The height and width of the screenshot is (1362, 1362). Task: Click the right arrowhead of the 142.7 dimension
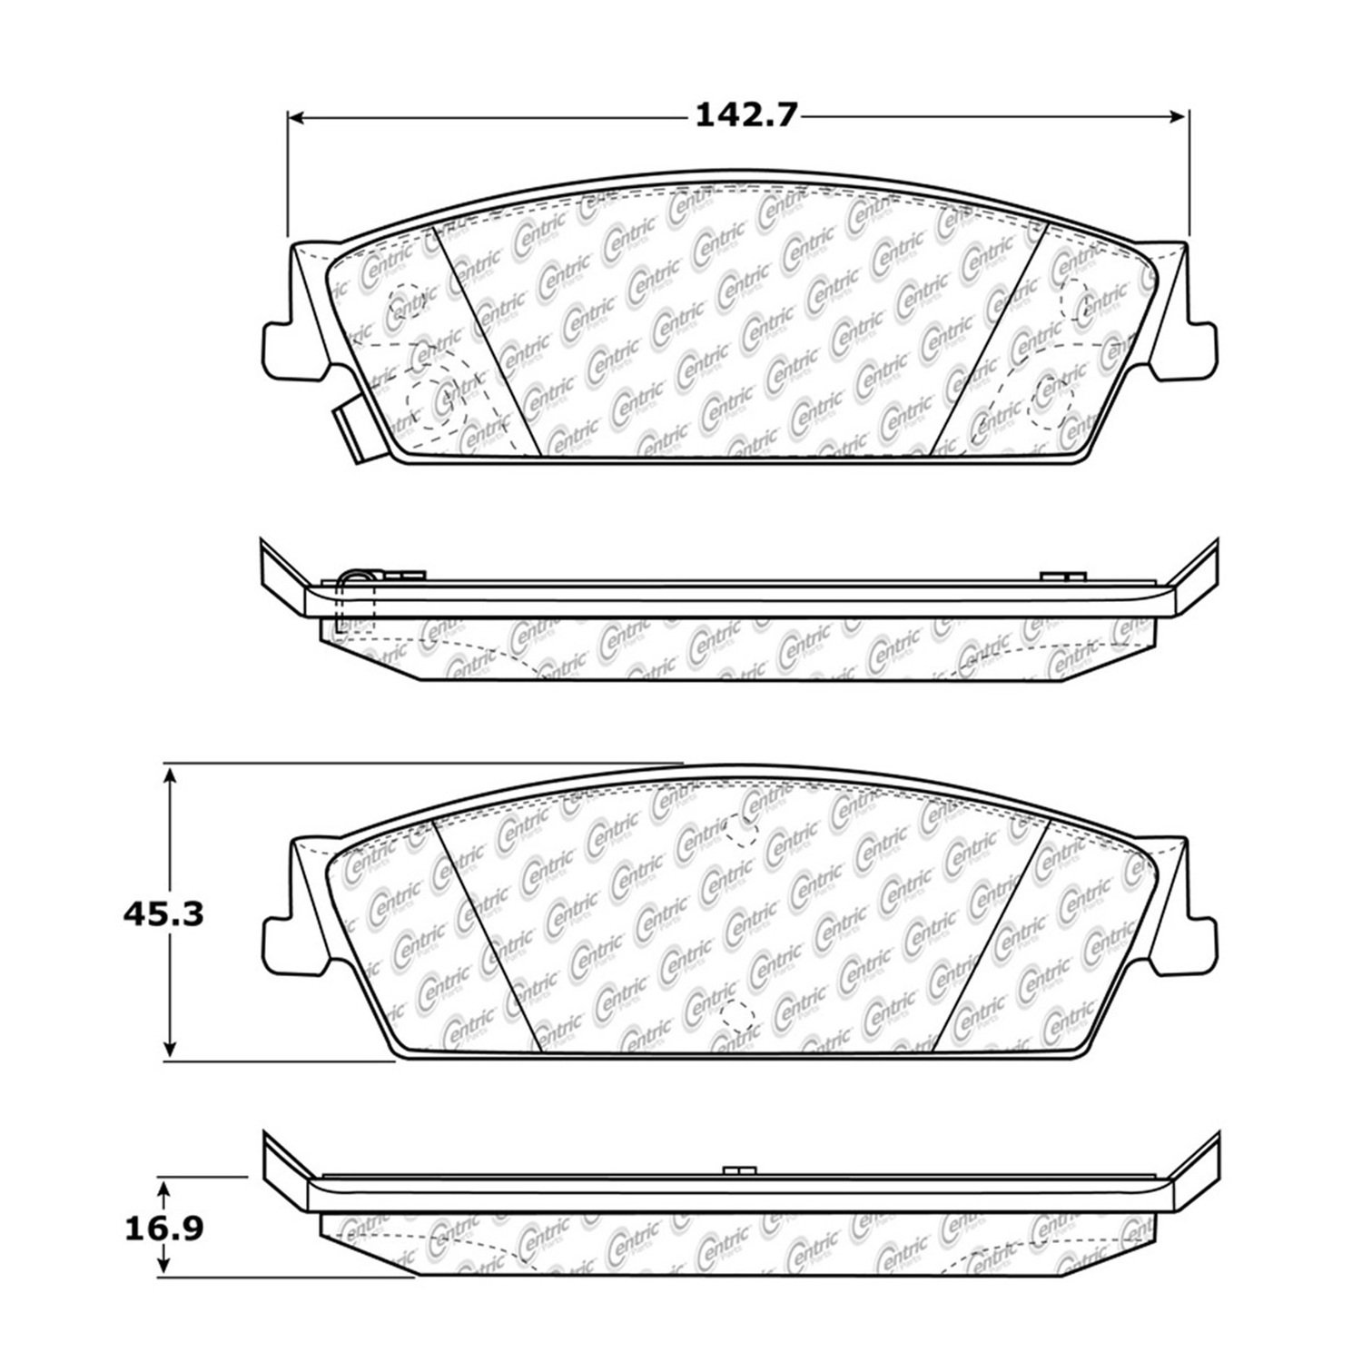point(1178,117)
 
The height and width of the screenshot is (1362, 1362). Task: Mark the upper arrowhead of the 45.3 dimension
point(170,775)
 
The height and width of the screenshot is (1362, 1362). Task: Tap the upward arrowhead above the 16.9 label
point(163,1189)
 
